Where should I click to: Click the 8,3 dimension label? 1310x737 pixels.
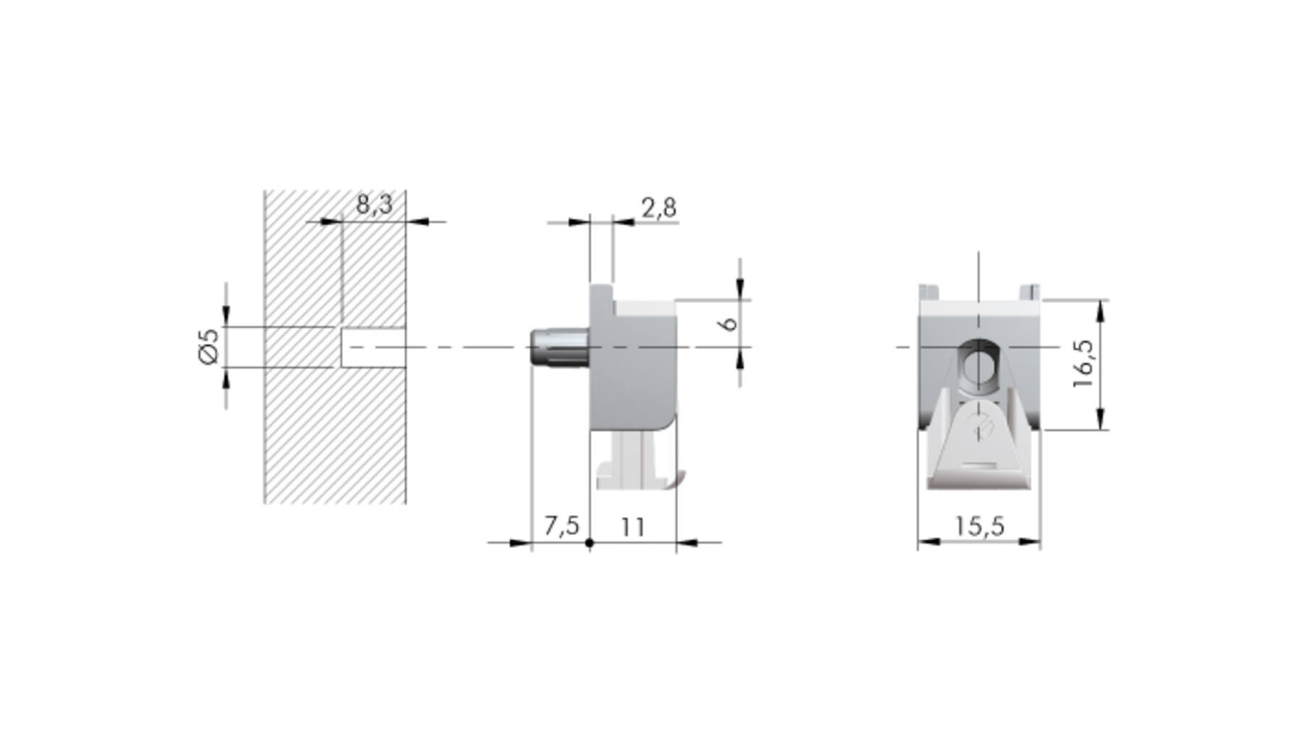click(x=374, y=205)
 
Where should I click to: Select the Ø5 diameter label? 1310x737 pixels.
click(x=208, y=347)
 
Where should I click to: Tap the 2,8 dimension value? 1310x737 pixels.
click(x=659, y=208)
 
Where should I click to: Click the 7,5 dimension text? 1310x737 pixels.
click(x=562, y=526)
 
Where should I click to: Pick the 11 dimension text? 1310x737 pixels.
click(x=633, y=526)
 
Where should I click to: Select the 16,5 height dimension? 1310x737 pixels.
click(x=1084, y=363)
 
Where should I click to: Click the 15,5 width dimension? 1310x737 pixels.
click(x=979, y=526)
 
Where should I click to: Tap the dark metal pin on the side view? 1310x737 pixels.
click(x=559, y=348)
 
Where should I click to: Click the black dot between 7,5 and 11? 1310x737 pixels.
click(x=589, y=542)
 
